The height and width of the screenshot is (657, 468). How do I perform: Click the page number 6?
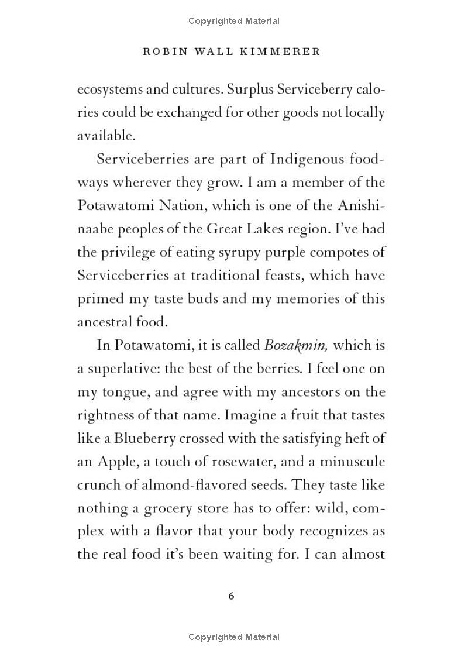point(231,596)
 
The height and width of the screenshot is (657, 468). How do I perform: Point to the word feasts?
point(275,275)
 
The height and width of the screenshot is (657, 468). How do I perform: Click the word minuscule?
point(352,462)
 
